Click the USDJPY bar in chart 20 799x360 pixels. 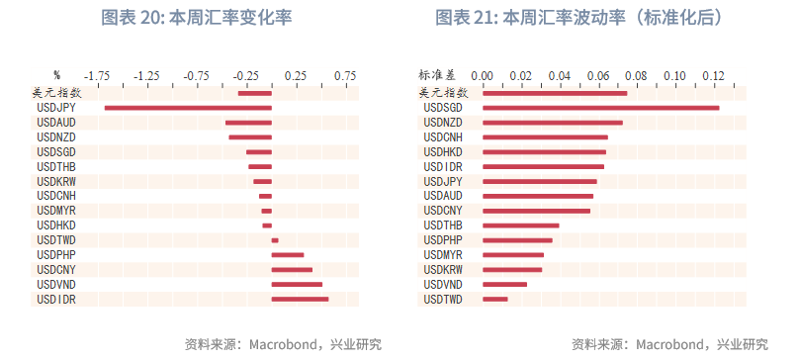[187, 108]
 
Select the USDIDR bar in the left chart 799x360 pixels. [300, 299]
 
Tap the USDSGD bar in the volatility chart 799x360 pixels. [600, 108]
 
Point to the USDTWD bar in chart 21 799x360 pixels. [494, 299]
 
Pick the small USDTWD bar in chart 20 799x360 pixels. [275, 240]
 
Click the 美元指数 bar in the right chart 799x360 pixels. [555, 93]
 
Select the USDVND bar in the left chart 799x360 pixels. [297, 285]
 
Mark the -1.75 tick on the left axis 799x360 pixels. [97, 75]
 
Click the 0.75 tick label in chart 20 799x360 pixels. [344, 75]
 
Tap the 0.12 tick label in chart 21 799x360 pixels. [713, 75]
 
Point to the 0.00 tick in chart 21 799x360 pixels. [483, 75]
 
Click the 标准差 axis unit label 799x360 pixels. [437, 75]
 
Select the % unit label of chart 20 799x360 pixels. [56, 75]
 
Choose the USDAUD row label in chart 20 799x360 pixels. [56, 123]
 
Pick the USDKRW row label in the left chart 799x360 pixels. [56, 182]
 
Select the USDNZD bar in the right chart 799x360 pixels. [553, 123]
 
